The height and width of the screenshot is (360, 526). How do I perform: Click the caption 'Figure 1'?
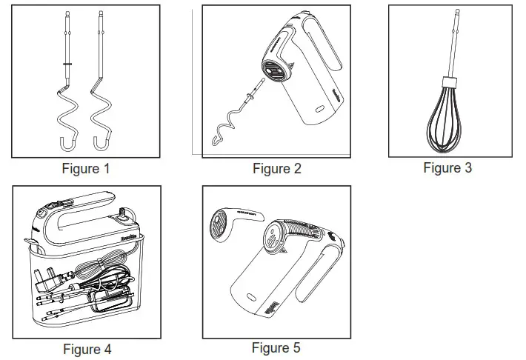click(85, 169)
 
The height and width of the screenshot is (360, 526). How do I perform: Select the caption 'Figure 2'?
click(276, 169)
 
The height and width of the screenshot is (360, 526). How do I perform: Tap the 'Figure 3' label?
click(447, 168)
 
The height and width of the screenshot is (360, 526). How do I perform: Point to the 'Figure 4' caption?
click(87, 349)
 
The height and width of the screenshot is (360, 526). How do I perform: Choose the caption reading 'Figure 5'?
click(276, 347)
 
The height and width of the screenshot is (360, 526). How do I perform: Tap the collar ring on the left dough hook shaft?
click(67, 64)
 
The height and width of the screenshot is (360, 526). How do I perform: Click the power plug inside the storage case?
click(46, 280)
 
